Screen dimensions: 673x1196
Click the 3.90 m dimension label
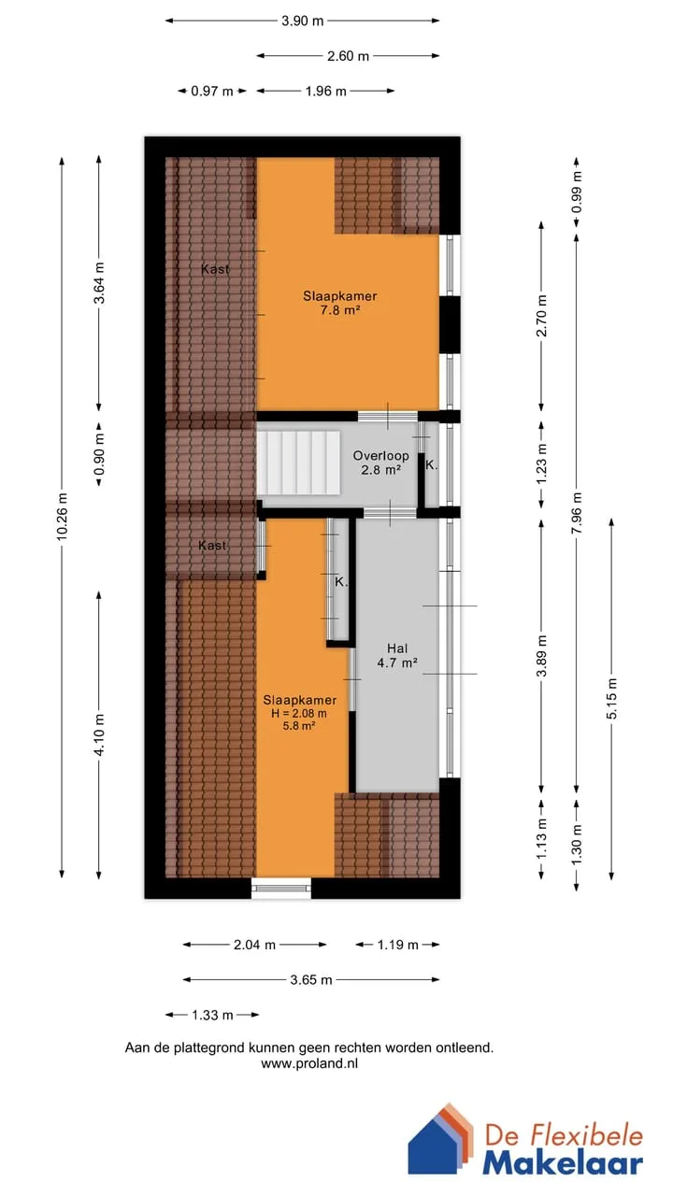302,21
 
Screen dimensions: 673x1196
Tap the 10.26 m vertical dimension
62,518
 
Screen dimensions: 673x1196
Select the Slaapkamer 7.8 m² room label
340,303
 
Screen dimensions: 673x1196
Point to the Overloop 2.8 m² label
380,463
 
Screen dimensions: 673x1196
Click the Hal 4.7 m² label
397,656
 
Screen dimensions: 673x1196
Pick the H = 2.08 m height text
298,713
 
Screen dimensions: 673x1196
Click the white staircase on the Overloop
298,463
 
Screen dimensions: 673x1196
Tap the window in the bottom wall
281,888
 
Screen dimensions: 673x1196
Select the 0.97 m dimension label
212,92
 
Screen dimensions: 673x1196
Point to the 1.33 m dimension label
212,1015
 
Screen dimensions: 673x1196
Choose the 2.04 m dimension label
254,945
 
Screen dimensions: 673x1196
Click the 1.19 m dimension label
397,945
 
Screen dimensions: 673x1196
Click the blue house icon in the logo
436,1143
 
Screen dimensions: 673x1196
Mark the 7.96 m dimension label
577,513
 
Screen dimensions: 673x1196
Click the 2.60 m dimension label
348,56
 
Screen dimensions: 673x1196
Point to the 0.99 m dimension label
577,192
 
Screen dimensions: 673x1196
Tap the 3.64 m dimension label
99,283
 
